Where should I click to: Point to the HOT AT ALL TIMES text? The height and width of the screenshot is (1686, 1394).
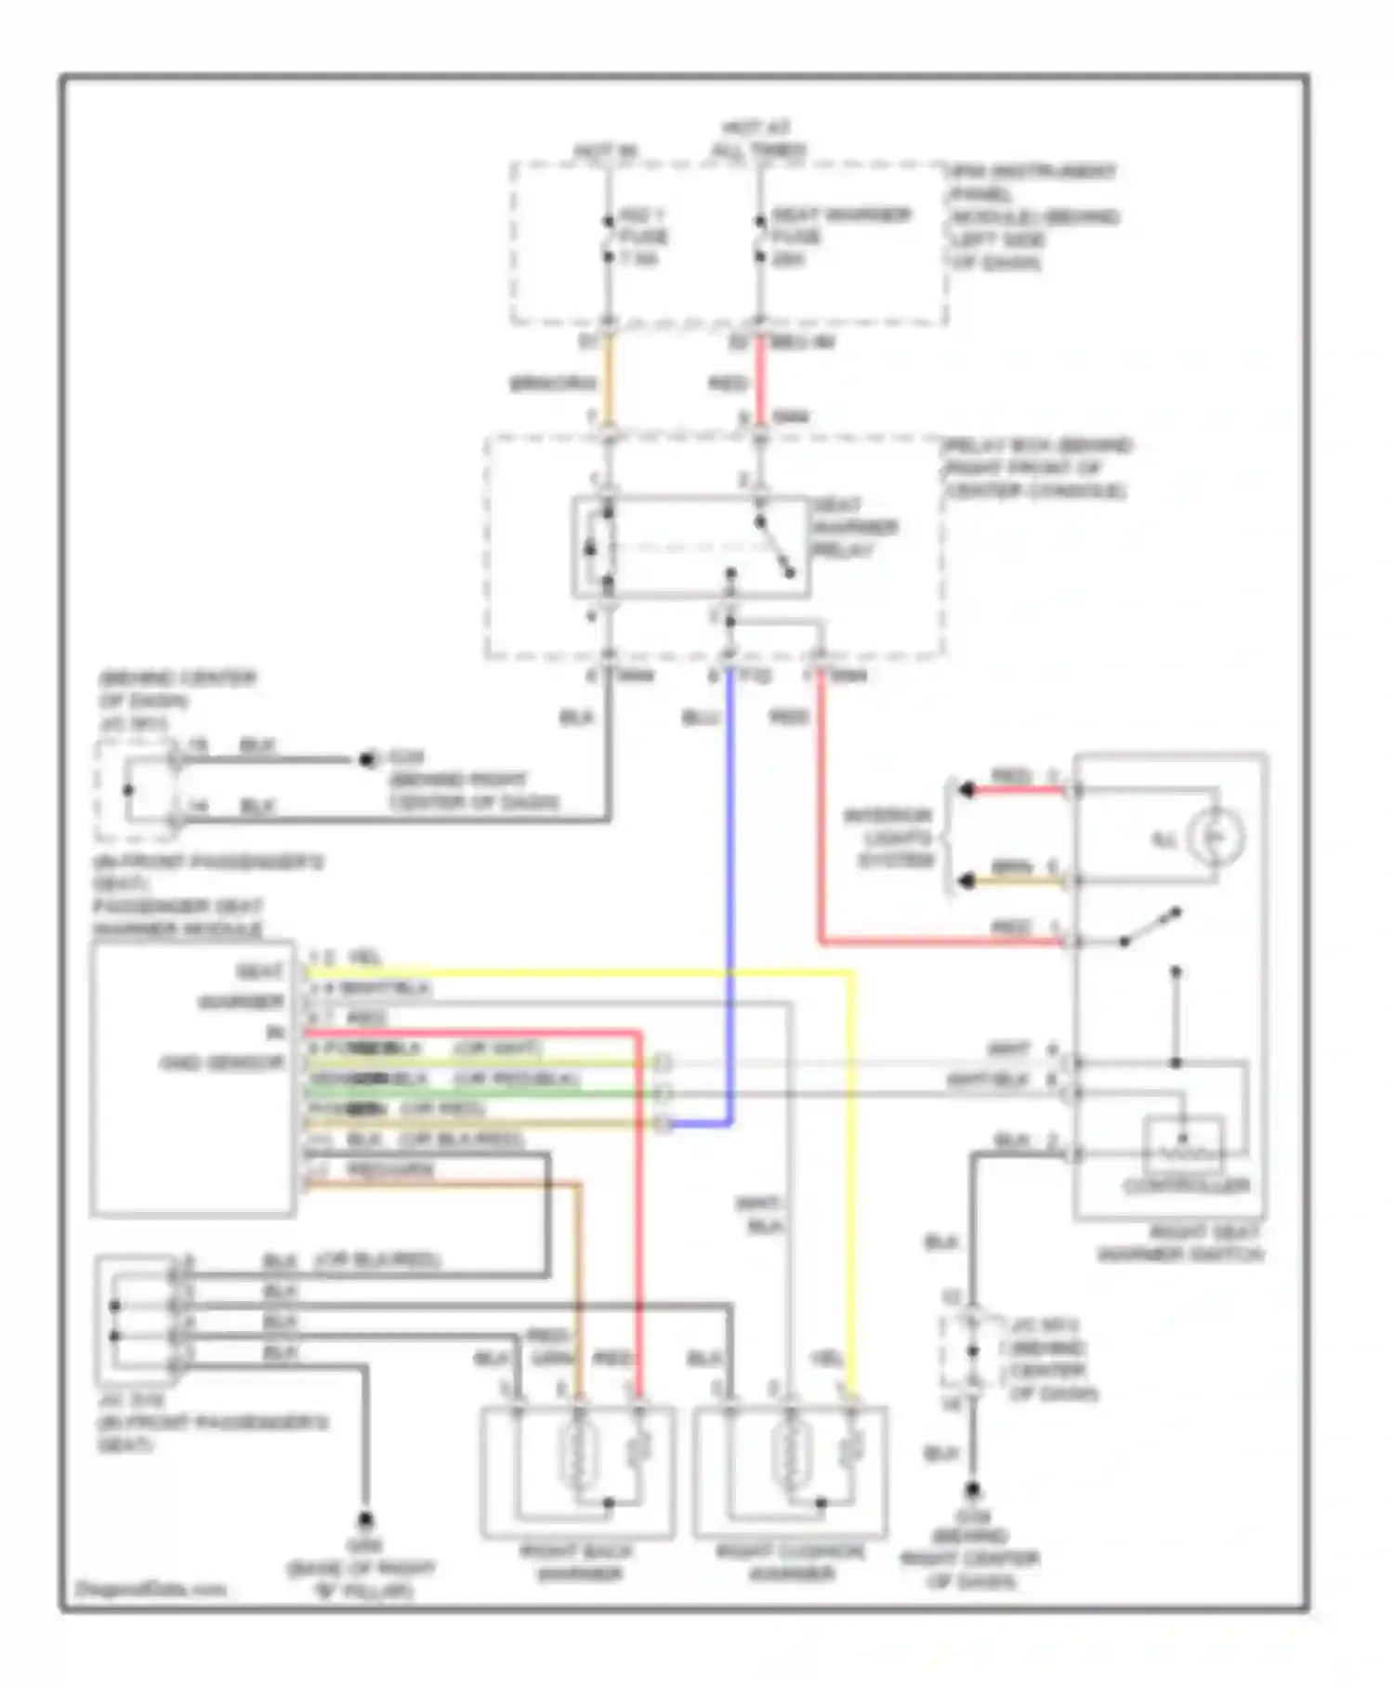757,138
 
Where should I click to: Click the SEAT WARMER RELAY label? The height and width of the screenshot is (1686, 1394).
855,527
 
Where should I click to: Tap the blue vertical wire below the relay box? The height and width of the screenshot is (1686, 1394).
730,883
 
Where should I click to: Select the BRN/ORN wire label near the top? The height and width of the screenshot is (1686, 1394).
553,383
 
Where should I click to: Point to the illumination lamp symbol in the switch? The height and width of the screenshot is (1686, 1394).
1217,837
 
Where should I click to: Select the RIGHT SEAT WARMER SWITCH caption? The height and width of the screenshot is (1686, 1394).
1180,1244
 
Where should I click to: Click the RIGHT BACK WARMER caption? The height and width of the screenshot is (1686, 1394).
576,1562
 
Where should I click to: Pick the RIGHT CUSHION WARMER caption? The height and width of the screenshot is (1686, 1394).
790,1562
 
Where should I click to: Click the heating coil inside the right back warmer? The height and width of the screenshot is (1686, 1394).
576,1455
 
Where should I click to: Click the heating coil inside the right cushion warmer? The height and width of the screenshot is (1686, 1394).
790,1455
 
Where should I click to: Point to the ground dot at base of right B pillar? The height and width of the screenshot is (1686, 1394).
365,1520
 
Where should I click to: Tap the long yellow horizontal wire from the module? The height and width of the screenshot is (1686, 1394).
576,973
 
